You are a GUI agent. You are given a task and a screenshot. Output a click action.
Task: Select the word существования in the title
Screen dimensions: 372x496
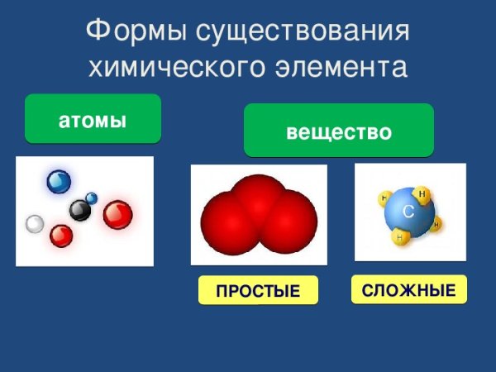point(305,32)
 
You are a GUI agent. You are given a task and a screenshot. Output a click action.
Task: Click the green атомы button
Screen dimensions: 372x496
point(93,120)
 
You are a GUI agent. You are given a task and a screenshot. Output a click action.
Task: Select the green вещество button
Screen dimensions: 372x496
point(338,131)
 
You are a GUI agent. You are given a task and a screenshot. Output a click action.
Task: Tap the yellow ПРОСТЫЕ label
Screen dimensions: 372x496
point(258,292)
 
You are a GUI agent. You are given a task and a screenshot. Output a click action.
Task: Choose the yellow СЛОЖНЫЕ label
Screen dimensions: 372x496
point(409,290)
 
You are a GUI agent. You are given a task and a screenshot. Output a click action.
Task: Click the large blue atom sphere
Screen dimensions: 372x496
point(59,181)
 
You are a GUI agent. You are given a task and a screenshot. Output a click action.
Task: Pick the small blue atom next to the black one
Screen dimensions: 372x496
point(92,198)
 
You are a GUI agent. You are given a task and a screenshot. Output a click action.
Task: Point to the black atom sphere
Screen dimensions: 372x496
point(79,211)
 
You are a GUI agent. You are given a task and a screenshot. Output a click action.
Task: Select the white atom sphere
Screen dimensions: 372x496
point(35,223)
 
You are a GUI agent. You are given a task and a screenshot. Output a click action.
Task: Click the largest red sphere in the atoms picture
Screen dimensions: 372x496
point(118,215)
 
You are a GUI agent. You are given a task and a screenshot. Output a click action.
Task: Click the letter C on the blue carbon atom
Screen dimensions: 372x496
point(408,213)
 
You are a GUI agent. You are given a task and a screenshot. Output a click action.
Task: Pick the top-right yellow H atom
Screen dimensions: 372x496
point(422,194)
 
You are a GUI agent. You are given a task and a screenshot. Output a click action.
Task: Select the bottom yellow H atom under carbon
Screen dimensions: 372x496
point(400,238)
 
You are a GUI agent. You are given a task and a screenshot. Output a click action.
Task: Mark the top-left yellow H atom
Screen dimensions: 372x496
point(384,198)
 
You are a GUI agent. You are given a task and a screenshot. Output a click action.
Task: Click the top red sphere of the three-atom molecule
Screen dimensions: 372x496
point(259,195)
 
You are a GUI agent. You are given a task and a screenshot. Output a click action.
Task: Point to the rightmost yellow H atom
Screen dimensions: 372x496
point(436,224)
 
